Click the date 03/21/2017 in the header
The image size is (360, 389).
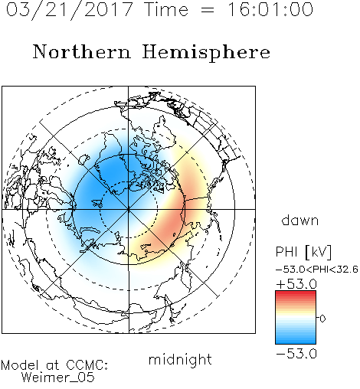coord(69,10)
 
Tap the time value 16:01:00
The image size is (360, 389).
coord(270,9)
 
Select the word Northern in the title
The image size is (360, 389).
coord(82,51)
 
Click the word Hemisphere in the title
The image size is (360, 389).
coord(206,53)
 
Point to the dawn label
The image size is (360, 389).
coord(300,220)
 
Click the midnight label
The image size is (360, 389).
coord(180,359)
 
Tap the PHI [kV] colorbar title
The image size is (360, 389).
coord(303,252)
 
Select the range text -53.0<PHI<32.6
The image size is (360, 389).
coord(317,270)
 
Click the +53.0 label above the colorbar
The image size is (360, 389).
coord(296,284)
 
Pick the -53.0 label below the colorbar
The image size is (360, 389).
coord(296,354)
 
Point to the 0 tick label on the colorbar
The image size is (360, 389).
coord(322,319)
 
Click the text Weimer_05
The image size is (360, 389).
coord(58,378)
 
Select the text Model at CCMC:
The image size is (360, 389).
coord(54,365)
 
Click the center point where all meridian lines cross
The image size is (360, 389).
coord(129,209)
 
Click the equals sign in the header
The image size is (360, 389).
coord(208,10)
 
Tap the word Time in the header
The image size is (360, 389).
coord(166,10)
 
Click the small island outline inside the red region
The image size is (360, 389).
coord(174,234)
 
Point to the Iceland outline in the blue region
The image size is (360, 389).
coord(97,204)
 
